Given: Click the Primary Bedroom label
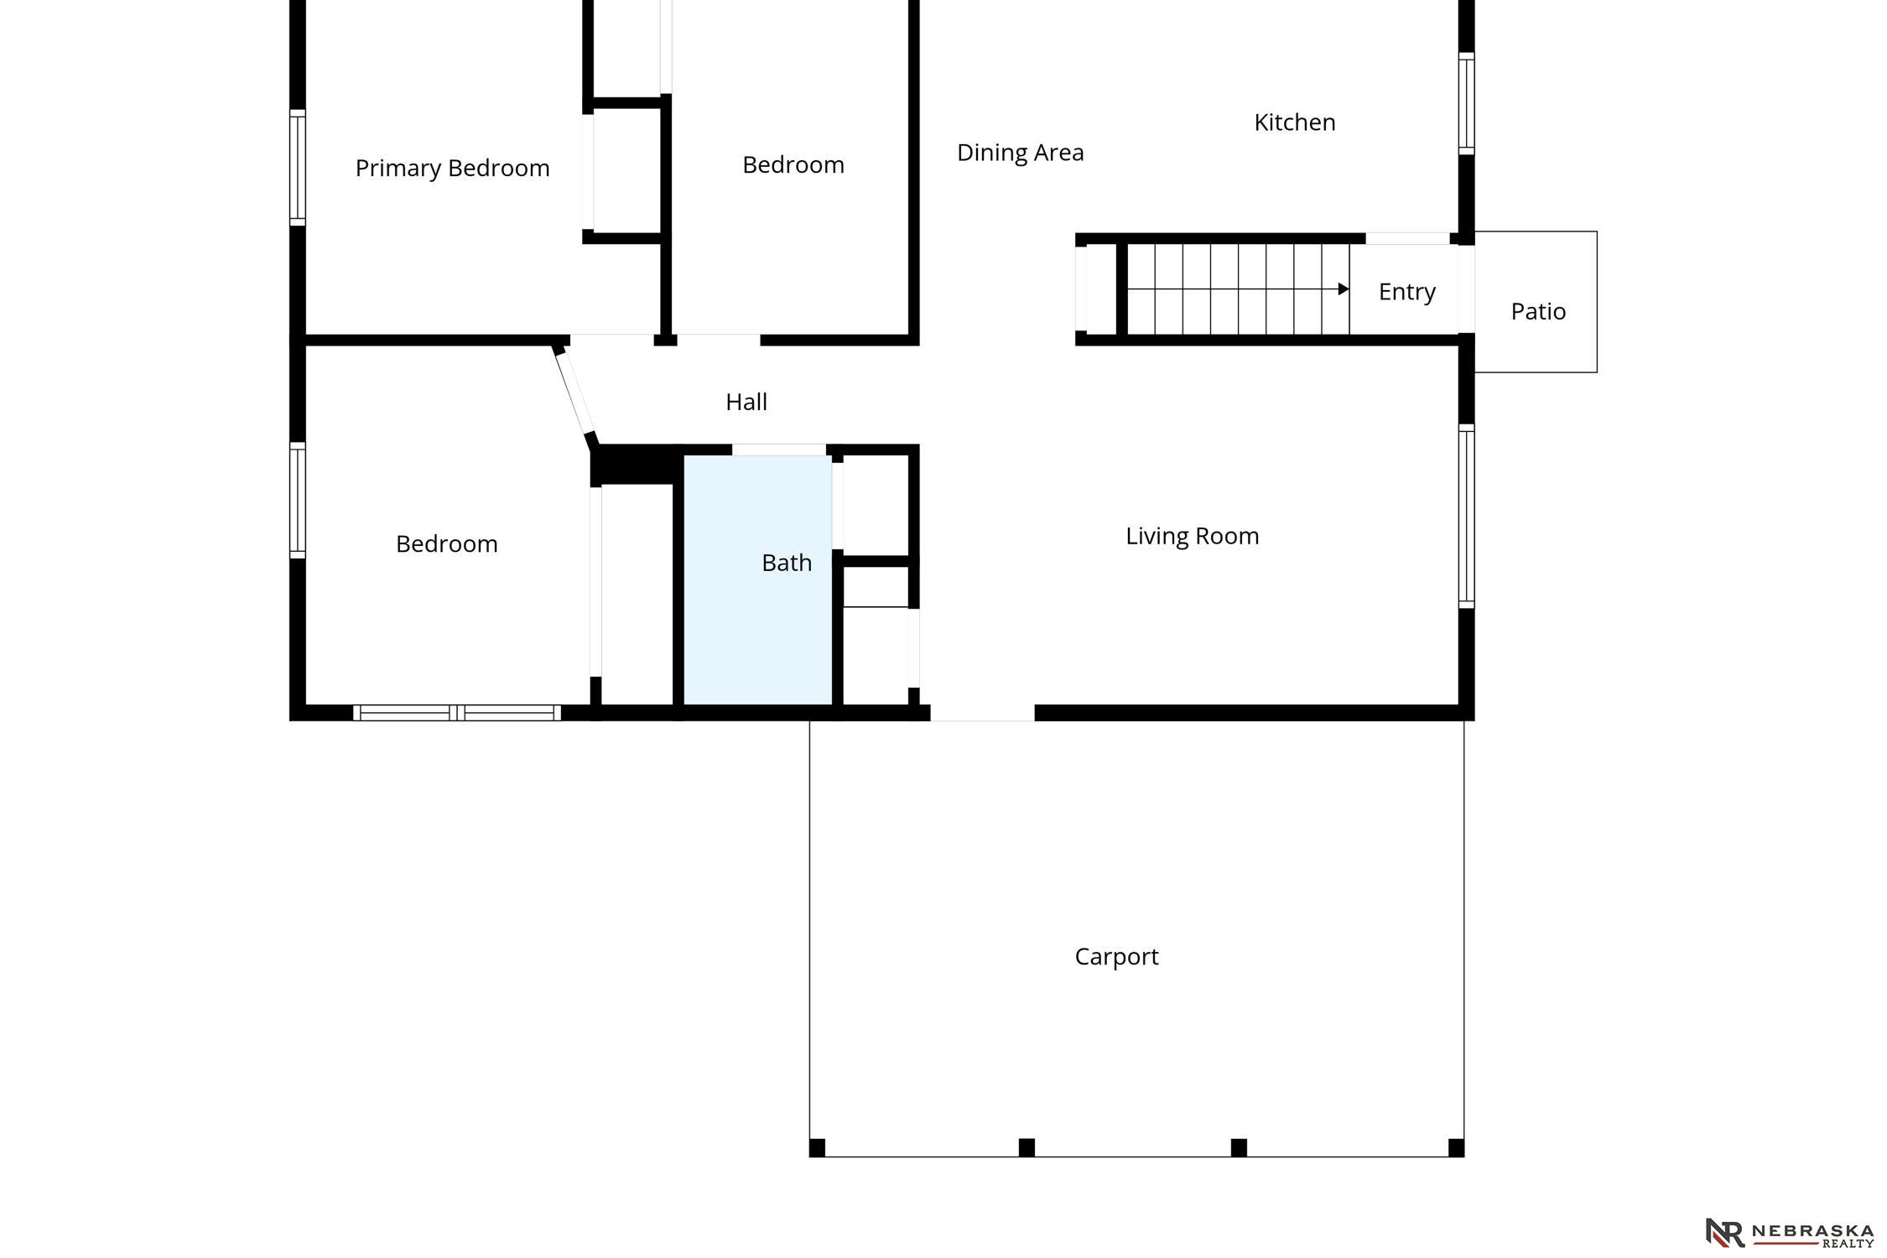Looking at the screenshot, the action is tap(452, 169).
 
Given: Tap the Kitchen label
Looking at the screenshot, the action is tap(1294, 122).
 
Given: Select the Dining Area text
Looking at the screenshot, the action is tap(1020, 153).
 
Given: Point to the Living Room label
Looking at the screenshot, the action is tap(1192, 536).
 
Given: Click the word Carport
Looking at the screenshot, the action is tap(1116, 957).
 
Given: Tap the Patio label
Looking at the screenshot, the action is tap(1538, 311).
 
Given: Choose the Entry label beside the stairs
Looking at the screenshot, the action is tap(1406, 292).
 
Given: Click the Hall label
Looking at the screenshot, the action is tap(746, 402).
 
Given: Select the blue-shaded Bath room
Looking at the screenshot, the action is tap(758, 580).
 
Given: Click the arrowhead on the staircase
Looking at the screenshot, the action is tap(1344, 289).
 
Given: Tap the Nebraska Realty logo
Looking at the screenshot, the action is tap(1789, 1233).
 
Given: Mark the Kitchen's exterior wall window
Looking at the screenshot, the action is tap(1466, 103).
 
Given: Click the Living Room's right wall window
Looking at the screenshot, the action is tap(1466, 516).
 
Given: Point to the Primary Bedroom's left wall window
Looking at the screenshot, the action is tap(298, 168).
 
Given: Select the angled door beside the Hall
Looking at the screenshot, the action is tap(575, 392).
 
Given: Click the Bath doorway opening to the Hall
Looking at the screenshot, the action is tap(779, 450).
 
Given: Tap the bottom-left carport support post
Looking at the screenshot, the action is tap(817, 1147).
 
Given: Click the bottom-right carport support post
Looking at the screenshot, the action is tap(1456, 1147).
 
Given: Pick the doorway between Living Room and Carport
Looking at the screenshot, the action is tap(982, 713).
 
